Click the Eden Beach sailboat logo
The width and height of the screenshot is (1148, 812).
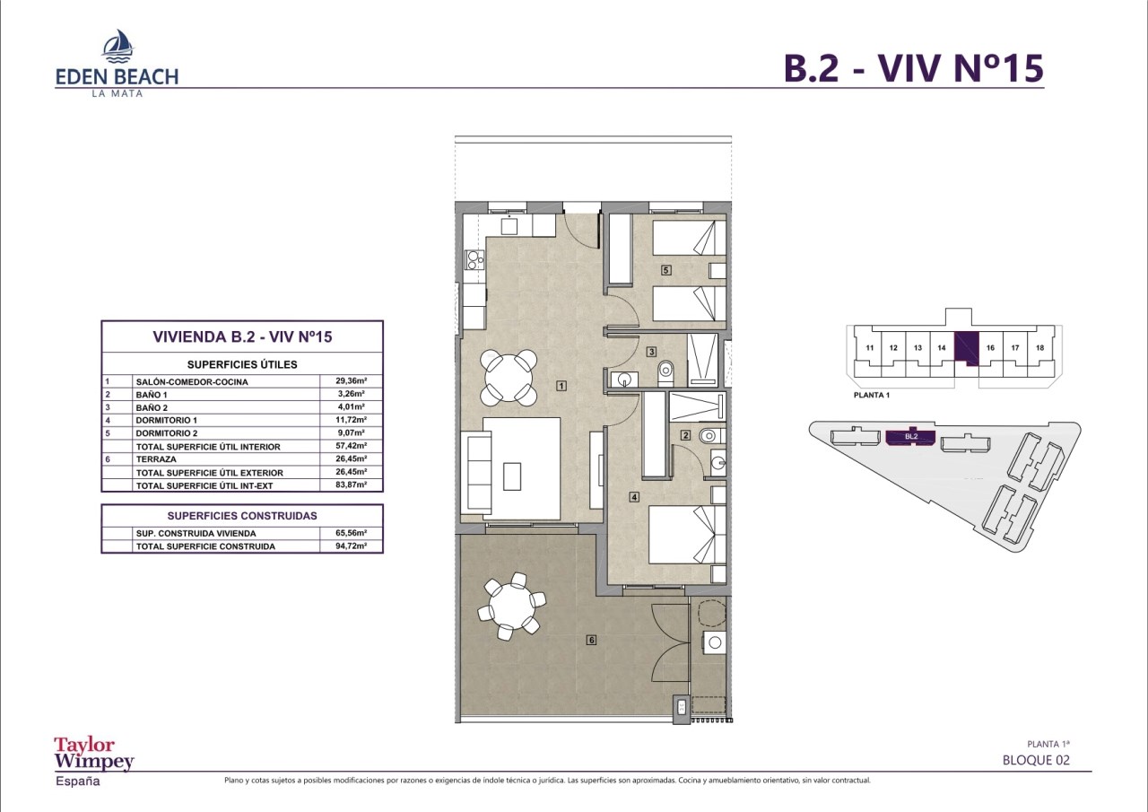[x=118, y=46]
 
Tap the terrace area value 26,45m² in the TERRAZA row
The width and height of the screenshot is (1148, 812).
[x=351, y=458]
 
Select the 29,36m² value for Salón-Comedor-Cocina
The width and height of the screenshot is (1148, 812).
[x=351, y=381]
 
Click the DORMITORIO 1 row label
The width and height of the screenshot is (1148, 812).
[x=167, y=420]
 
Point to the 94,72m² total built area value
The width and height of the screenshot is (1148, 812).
[x=351, y=546]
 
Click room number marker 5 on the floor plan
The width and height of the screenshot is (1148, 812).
[x=665, y=270]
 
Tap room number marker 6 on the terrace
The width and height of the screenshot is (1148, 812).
[x=591, y=640]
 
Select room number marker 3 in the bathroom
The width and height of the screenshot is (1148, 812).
[x=651, y=352]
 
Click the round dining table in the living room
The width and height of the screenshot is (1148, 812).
[x=509, y=377]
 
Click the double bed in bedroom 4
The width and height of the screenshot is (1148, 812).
[x=687, y=535]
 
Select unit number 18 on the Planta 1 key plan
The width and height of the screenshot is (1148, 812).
[x=1039, y=347]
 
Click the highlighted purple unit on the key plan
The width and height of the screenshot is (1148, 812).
[x=966, y=349]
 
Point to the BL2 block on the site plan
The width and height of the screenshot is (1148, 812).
[x=910, y=437]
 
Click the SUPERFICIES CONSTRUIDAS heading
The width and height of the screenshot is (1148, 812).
[x=242, y=516]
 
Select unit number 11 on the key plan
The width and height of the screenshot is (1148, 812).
[x=870, y=347]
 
